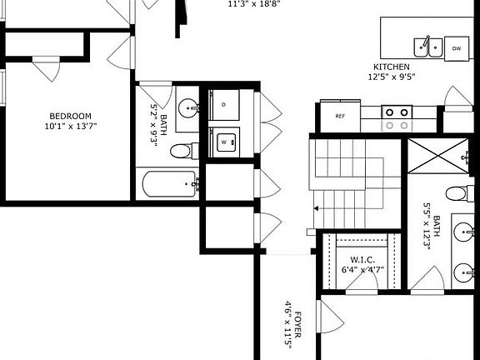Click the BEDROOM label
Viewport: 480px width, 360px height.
[x=70, y=116]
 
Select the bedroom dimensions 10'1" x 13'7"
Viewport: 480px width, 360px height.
[x=70, y=127]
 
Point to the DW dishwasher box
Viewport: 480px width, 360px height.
[x=457, y=48]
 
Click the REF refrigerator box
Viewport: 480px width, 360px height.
[x=340, y=117]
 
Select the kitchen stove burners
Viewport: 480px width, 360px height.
[x=396, y=117]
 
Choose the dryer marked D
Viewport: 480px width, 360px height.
[x=224, y=104]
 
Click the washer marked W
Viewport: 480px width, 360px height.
[x=224, y=142]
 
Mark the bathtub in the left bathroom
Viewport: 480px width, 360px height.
[x=169, y=183]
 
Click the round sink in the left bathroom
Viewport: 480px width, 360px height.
[x=188, y=106]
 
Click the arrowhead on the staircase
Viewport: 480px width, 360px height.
[x=317, y=208]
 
